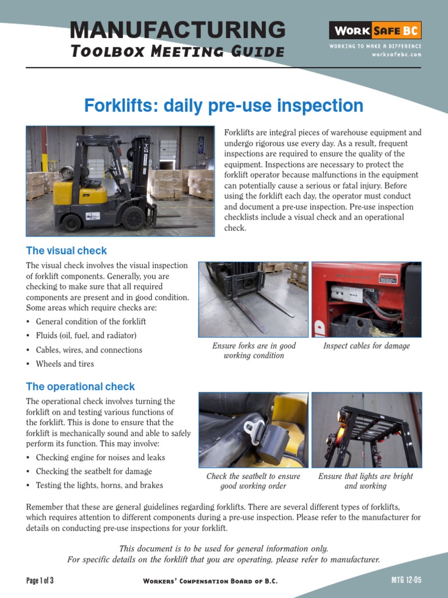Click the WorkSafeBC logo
pos(375,30)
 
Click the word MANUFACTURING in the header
pos(177,29)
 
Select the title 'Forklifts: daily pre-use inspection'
pos(224,106)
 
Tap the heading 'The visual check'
pos(66,251)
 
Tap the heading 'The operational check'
pos(80,387)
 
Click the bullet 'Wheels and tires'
pos(65,364)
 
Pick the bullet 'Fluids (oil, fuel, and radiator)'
pos(86,336)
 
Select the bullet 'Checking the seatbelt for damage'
pos(94,471)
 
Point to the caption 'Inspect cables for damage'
pos(366,346)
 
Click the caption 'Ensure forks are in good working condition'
pos(254,350)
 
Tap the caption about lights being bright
pos(366,481)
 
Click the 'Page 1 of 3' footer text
pos(40,580)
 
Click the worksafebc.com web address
pos(396,54)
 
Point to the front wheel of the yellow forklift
pos(134,218)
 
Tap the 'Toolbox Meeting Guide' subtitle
pos(177,51)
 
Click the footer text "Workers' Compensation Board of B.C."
pos(210,581)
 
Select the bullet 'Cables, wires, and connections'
pos(89,350)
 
